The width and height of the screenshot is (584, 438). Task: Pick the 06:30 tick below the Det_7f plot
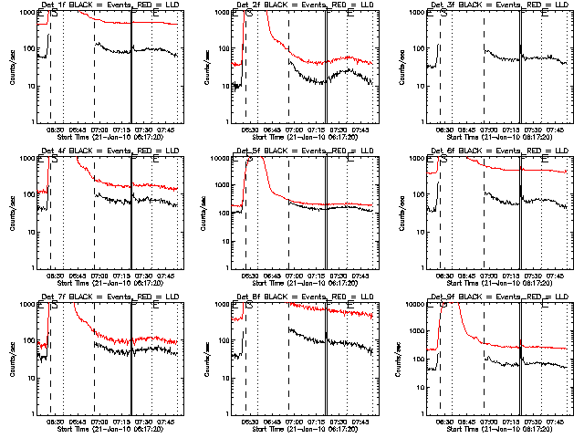pyautogui.click(x=54, y=421)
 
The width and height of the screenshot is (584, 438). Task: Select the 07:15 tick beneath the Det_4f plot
pyautogui.click(x=121, y=275)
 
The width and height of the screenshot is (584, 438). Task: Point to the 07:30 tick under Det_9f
pyautogui.click(x=532, y=421)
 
